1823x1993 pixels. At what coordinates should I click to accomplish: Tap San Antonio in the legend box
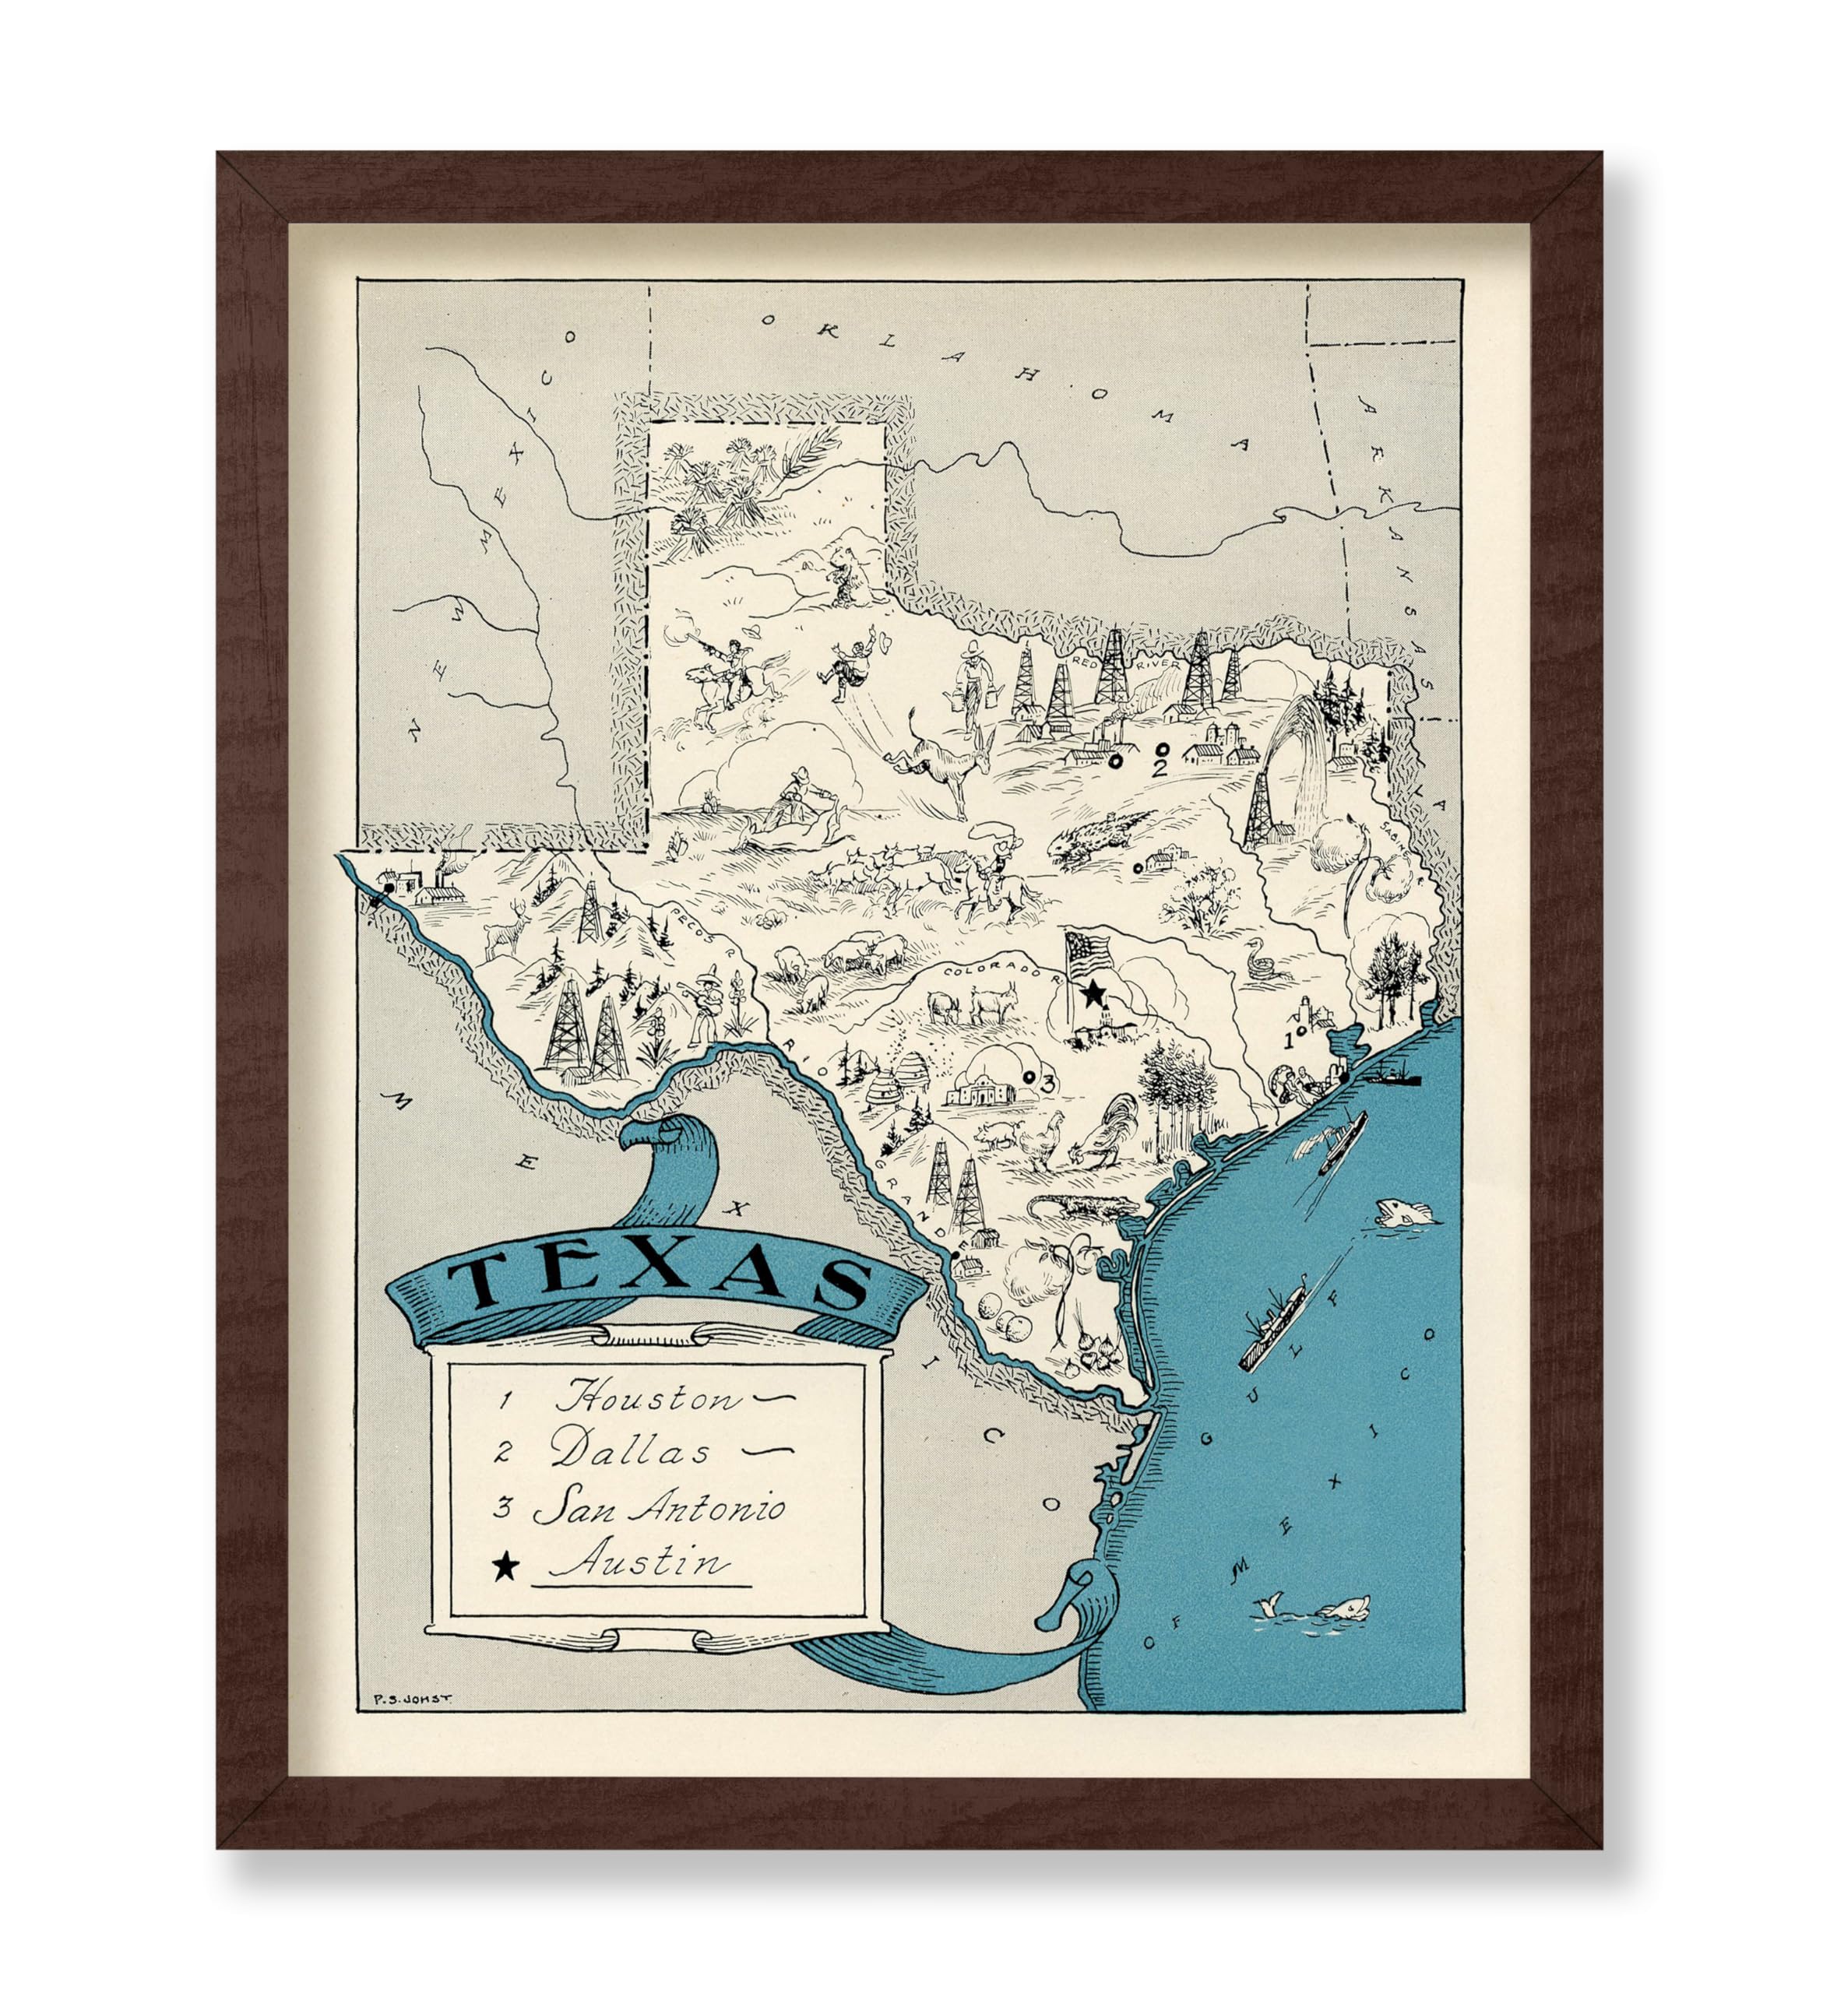click(x=659, y=1509)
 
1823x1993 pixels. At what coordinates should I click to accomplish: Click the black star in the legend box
click(x=505, y=1565)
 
